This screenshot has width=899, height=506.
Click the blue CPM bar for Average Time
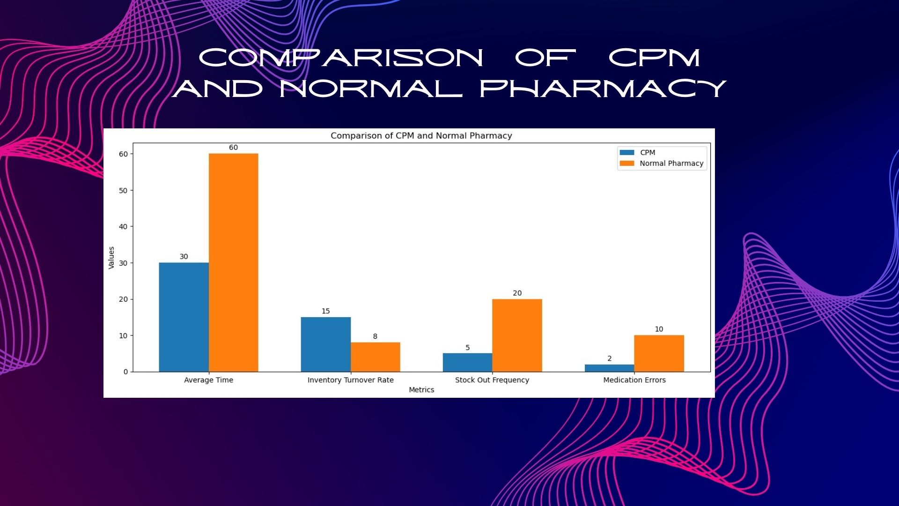point(184,317)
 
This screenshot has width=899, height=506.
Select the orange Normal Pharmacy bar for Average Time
point(233,263)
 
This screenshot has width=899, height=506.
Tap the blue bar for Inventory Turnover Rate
point(325,344)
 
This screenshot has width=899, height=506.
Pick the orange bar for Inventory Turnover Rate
point(375,357)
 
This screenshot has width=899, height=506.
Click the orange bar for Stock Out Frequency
point(517,335)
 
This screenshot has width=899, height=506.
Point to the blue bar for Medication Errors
point(609,368)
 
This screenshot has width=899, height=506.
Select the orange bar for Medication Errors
point(659,354)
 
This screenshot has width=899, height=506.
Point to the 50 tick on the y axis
point(123,191)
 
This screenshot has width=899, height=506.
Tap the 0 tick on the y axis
point(125,372)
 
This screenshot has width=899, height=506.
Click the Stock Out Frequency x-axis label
point(492,380)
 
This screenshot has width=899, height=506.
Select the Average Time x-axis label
point(208,380)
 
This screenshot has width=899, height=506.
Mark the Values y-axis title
point(111,258)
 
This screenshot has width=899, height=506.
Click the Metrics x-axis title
point(421,390)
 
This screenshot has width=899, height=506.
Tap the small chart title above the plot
point(421,136)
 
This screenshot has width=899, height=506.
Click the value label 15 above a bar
point(325,311)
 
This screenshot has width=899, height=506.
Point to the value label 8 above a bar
point(375,336)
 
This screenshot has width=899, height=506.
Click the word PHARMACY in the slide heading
point(603,89)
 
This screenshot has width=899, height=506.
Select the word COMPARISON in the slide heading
point(341,58)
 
